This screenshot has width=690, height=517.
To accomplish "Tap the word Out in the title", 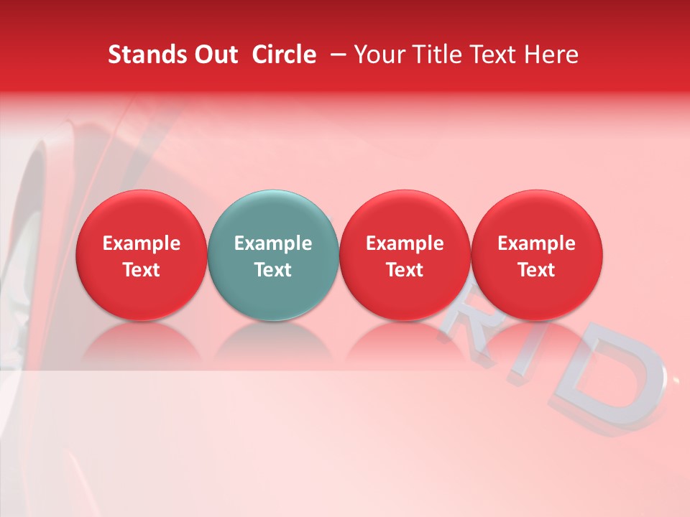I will (x=214, y=55).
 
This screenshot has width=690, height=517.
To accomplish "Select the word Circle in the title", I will (x=284, y=55).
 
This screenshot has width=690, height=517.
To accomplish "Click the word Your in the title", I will (x=377, y=55).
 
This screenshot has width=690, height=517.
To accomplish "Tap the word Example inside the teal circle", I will (x=273, y=243).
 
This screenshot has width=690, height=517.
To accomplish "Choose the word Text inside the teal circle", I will (x=273, y=270).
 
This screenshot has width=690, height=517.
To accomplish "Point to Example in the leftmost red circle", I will (x=141, y=243).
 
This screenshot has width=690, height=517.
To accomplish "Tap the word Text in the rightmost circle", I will (x=537, y=270).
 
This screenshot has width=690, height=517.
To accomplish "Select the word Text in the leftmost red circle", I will (x=141, y=270).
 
